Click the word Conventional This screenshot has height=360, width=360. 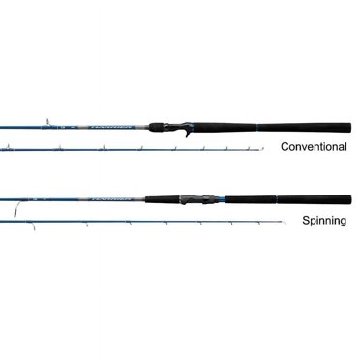coord(314,148)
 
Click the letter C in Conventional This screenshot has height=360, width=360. coord(283,148)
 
